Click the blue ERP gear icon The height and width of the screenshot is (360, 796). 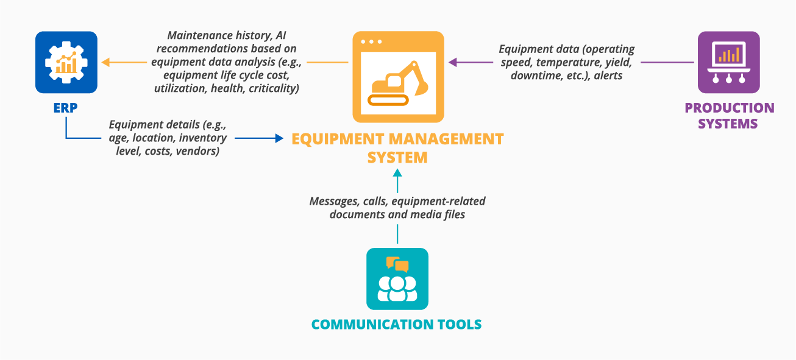point(66,62)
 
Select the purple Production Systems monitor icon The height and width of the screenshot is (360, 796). point(728,62)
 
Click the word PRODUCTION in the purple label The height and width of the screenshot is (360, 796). point(729,108)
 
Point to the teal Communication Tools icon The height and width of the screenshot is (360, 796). point(397,279)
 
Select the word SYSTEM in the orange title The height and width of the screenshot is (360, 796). point(397,157)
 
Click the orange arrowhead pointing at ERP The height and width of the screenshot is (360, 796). point(105,62)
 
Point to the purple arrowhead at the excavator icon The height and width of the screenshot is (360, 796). point(453,62)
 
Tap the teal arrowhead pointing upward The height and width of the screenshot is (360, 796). point(397,173)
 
